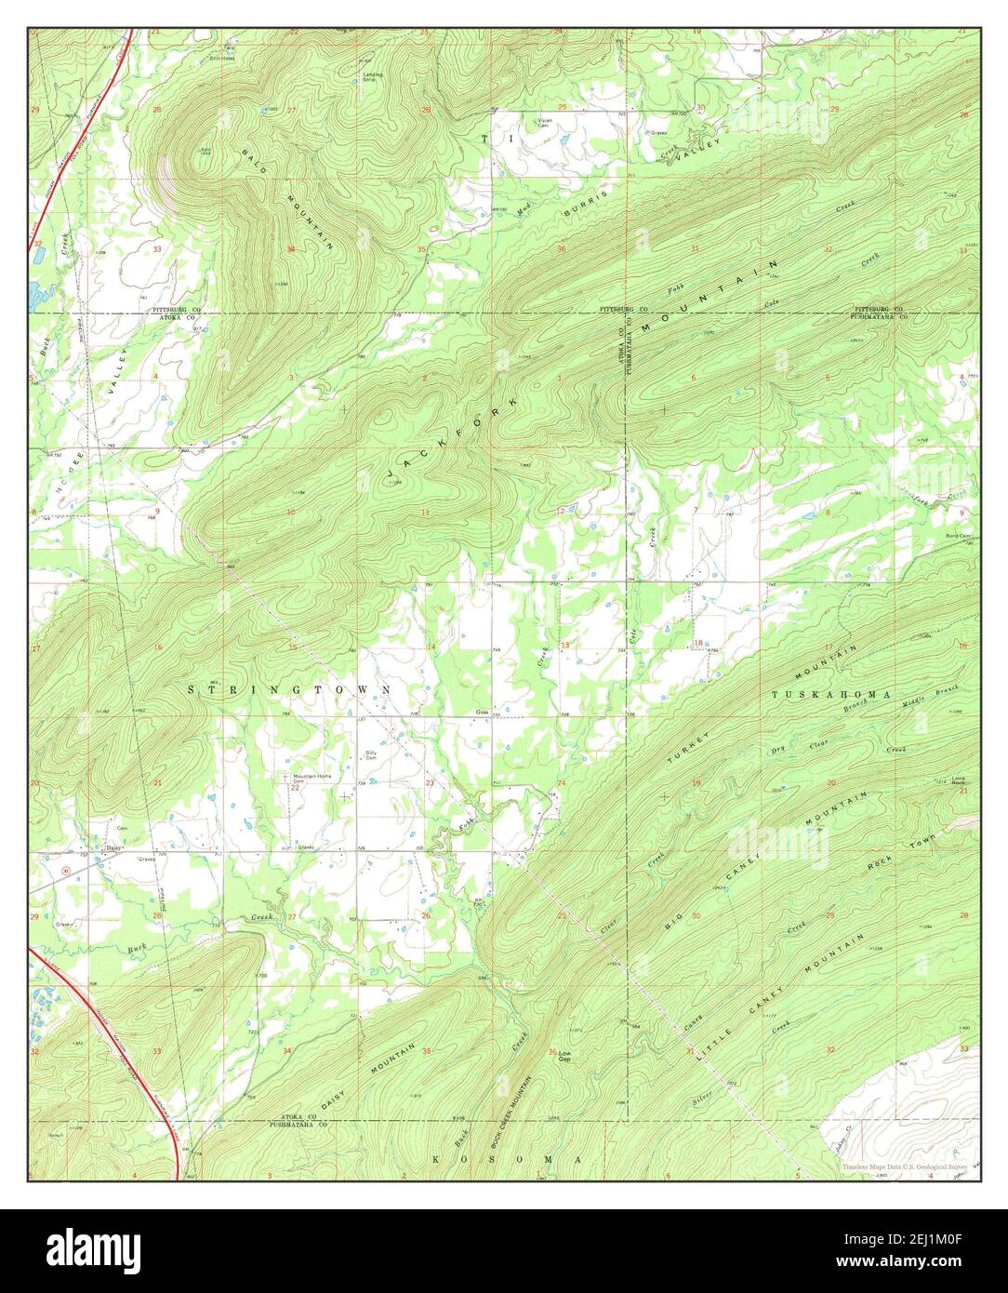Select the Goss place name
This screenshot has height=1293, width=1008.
[482, 713]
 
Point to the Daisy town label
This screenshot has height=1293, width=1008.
[113, 847]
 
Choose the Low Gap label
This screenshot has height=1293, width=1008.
[564, 1056]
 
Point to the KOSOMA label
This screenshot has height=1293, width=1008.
[507, 1159]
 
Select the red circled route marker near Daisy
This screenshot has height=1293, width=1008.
[64, 870]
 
